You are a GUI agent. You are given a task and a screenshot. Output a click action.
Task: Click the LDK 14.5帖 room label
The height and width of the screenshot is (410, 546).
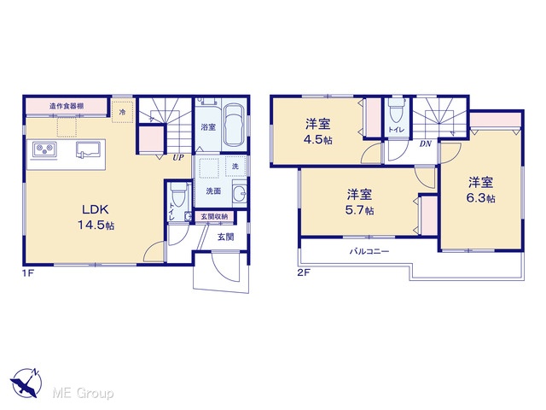pyautogui.click(x=96, y=217)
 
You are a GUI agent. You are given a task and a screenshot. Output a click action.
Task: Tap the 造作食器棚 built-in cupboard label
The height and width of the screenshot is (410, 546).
pyautogui.click(x=67, y=106)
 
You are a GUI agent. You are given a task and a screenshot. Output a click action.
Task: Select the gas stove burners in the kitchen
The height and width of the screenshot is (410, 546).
pyautogui.click(x=44, y=149)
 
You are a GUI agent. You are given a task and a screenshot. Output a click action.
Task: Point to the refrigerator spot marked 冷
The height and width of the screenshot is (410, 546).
pyautogui.click(x=122, y=112)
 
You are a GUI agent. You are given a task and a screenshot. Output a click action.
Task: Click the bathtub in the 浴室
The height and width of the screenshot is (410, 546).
pyautogui.click(x=235, y=125)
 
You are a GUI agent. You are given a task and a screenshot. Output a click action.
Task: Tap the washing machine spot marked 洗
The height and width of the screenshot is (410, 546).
pyautogui.click(x=235, y=167)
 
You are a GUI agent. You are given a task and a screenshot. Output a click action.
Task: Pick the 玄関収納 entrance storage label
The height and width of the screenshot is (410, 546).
pyautogui.click(x=214, y=217)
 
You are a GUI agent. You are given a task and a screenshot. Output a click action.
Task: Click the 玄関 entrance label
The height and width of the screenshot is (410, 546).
pyautogui.click(x=225, y=237)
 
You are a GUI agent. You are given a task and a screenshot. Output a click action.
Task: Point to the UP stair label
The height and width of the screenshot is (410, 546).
pyautogui.click(x=178, y=157)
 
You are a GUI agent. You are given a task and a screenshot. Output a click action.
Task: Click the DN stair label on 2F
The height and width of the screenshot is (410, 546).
pyautogui.click(x=425, y=143)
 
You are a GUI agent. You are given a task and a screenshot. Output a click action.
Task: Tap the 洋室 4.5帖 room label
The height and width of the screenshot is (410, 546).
pyautogui.click(x=318, y=132)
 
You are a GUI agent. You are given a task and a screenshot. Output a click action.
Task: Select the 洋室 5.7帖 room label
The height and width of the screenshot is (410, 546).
pyautogui.click(x=360, y=202)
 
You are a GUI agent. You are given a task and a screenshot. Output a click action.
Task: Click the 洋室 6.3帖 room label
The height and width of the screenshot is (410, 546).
pyautogui.click(x=480, y=190)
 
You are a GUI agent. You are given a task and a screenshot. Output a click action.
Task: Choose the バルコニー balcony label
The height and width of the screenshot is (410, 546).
pyautogui.click(x=369, y=251)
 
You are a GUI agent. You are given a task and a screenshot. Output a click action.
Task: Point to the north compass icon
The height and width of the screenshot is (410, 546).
pyautogui.click(x=26, y=383)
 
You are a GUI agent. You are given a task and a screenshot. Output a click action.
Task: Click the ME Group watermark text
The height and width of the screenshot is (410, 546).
pyautogui.click(x=83, y=393)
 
